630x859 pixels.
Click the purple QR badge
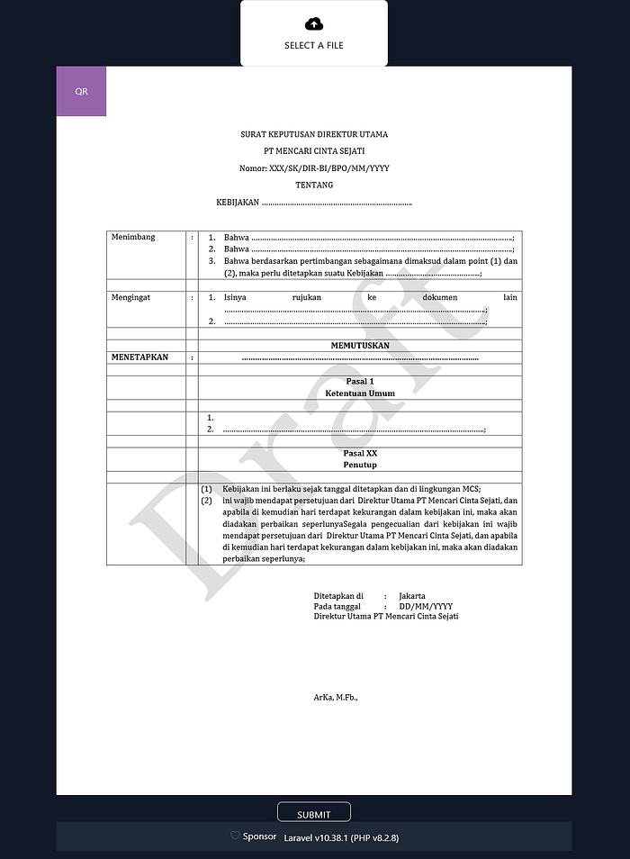click(81, 91)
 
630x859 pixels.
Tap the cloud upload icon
click(314, 23)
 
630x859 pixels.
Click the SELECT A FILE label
click(314, 45)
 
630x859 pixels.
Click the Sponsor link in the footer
click(259, 836)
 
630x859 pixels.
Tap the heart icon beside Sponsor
click(235, 836)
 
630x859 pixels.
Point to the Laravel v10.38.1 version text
click(341, 837)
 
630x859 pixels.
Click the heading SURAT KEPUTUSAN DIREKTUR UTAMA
click(314, 134)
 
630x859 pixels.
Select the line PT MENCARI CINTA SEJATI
click(314, 151)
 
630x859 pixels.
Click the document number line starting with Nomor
click(314, 168)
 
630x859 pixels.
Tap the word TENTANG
click(314, 185)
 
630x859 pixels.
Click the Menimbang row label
click(133, 237)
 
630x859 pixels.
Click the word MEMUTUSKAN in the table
click(360, 345)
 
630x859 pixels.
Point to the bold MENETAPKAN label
click(139, 357)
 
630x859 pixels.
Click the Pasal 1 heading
click(359, 382)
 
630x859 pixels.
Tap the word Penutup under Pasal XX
click(359, 465)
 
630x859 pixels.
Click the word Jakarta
click(412, 596)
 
